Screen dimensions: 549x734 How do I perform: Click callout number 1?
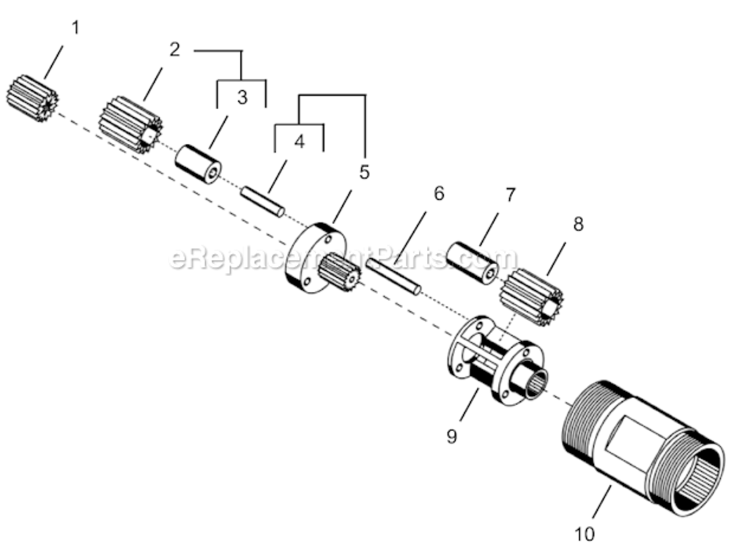(x=75, y=29)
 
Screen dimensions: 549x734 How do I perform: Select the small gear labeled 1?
(x=33, y=98)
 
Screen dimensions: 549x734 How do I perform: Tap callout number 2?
(x=174, y=50)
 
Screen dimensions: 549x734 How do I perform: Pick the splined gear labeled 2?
(x=130, y=125)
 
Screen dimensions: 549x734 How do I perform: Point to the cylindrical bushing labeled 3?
(x=198, y=165)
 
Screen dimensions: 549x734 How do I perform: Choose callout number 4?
(x=299, y=141)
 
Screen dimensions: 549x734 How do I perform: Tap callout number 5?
(x=364, y=172)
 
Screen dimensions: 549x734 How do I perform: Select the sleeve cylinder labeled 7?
(x=474, y=262)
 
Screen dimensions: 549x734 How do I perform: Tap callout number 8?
(x=578, y=225)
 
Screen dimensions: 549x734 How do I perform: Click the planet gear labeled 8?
(x=531, y=296)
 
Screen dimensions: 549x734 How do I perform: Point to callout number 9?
(x=451, y=436)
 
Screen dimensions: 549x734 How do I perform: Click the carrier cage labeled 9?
(x=494, y=359)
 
